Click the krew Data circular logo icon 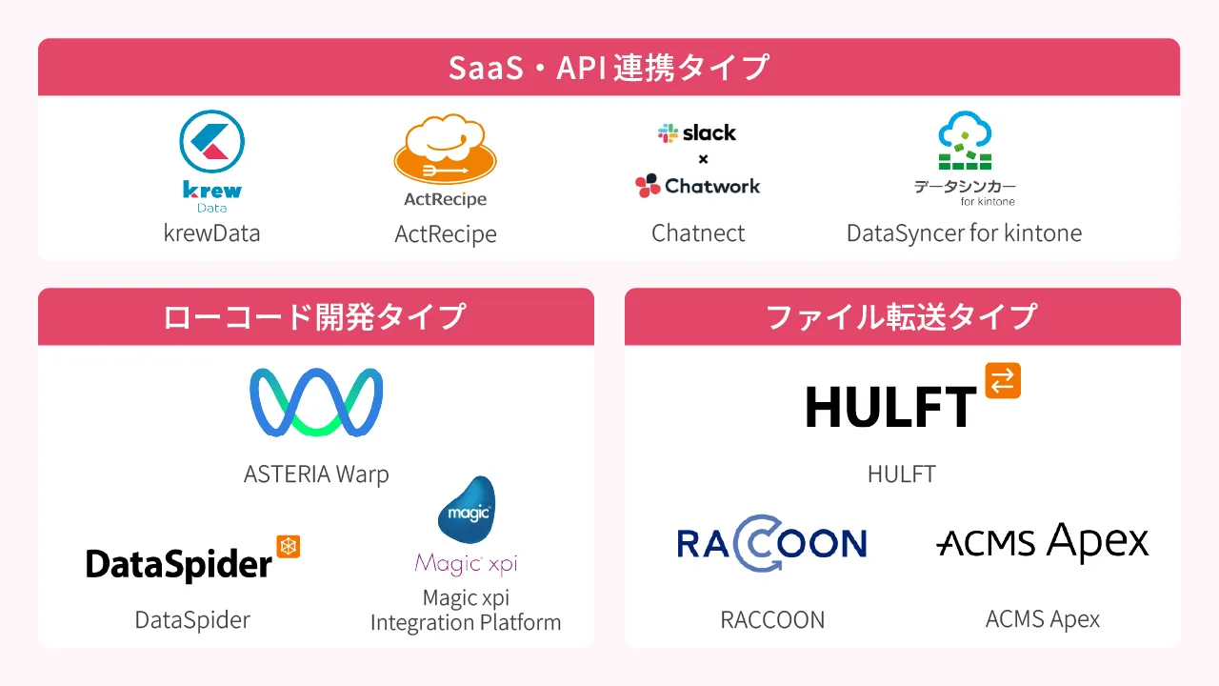pos(211,143)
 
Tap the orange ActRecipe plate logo pos(445,153)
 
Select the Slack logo pos(697,133)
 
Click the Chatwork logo pos(698,186)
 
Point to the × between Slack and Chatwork pos(703,159)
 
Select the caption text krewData pos(211,233)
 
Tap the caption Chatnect pos(698,233)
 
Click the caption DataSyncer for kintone pos(964,233)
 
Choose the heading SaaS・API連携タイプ pos(609,69)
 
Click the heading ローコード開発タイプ pos(315,316)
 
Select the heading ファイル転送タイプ pos(902,316)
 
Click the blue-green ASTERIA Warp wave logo pos(316,402)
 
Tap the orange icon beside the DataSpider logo pos(288,546)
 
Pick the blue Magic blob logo pos(467,511)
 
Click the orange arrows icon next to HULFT pos(1003,380)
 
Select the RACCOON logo pos(771,543)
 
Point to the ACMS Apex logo pos(1043,543)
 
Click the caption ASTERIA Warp pos(316,474)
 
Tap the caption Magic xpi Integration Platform pos(466,610)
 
